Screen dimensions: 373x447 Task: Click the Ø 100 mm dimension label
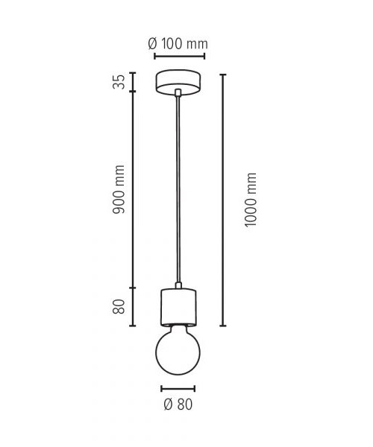point(178,44)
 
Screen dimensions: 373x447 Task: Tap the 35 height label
point(119,82)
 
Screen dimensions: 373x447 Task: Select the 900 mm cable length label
point(119,189)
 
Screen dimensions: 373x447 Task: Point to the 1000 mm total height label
point(251,200)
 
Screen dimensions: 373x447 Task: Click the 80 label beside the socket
point(119,307)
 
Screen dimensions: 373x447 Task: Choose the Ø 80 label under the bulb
point(178,405)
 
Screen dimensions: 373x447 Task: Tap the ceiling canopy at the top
point(179,82)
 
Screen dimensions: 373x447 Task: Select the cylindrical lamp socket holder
point(178,308)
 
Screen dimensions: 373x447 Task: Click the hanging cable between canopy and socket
point(178,189)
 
